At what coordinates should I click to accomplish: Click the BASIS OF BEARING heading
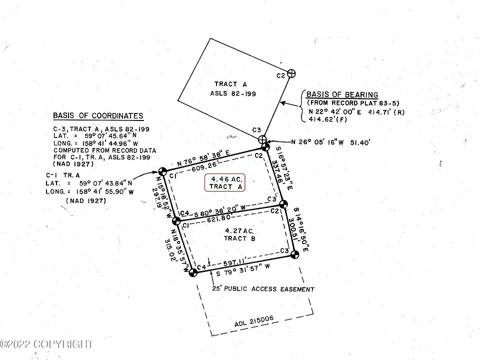[x=342, y=95]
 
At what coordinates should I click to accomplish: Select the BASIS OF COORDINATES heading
[x=98, y=116]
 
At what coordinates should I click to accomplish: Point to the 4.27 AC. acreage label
[x=239, y=230]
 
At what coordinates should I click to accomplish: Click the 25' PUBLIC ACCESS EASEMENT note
[x=263, y=289]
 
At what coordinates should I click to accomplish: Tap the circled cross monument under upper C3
[x=262, y=139]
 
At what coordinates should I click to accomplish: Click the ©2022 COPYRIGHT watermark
[x=46, y=344]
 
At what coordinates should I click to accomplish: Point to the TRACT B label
[x=239, y=239]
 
